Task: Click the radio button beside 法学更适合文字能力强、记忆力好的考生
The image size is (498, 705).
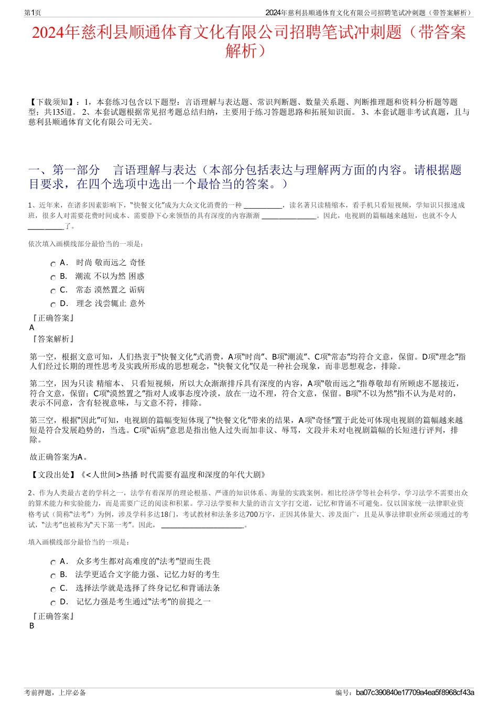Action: pos(53,576)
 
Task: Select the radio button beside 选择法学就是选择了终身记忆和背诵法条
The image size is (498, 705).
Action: pos(53,590)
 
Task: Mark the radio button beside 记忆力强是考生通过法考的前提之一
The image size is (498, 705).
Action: pos(53,603)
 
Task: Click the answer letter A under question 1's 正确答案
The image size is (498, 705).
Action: pos(32,328)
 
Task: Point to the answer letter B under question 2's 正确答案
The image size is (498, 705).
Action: pos(32,626)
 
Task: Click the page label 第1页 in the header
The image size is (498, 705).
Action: pos(33,13)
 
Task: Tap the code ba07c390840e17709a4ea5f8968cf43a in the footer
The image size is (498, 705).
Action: pos(415,692)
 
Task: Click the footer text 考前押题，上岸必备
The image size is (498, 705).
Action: pos(55,692)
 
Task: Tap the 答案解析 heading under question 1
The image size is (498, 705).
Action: pos(53,339)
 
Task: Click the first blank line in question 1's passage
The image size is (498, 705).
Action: pos(263,205)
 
